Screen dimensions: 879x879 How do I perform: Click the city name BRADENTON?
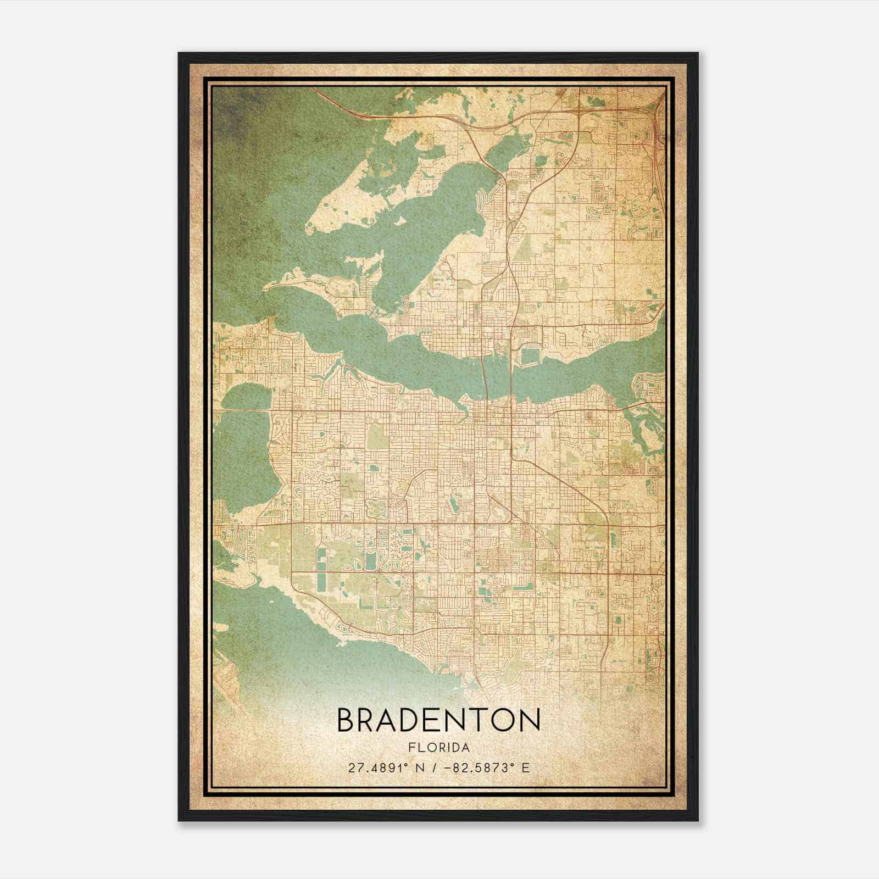click(438, 720)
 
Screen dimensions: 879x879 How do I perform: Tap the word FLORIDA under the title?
click(438, 748)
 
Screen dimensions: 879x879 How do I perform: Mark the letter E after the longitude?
click(525, 767)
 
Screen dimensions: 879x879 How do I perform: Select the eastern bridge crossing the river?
click(512, 374)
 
